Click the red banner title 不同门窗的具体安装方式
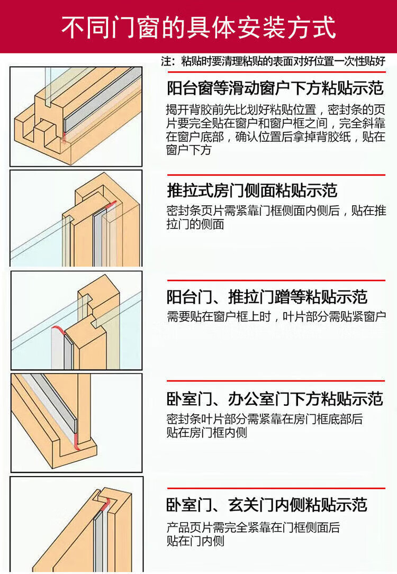click(x=198, y=27)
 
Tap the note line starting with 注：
click(x=273, y=61)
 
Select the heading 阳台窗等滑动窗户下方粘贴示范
click(x=275, y=88)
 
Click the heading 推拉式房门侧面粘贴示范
click(x=252, y=190)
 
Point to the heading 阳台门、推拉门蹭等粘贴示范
click(x=267, y=297)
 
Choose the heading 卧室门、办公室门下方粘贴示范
click(x=275, y=399)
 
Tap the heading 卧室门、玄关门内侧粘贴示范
click(x=267, y=505)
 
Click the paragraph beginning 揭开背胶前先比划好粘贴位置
click(x=276, y=130)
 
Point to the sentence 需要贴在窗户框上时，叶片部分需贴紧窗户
click(x=276, y=316)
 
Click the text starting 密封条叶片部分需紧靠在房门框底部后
click(x=265, y=425)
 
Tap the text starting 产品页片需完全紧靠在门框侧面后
click(x=253, y=534)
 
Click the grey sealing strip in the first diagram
click(x=103, y=101)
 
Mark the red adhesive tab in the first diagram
click(x=64, y=138)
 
